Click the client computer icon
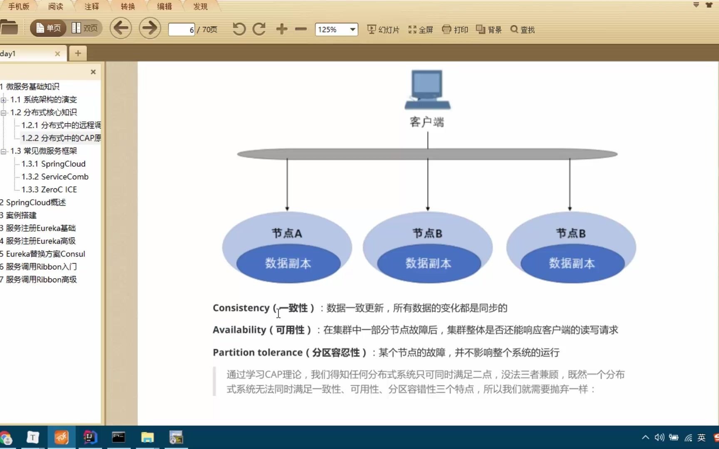coord(427,90)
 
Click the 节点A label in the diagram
coord(287,234)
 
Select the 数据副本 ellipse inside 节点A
coord(288,264)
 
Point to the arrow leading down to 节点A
coord(287,183)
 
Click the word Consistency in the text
coord(241,308)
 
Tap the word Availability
coord(239,330)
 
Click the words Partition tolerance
coord(258,353)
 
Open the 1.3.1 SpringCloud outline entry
coord(53,164)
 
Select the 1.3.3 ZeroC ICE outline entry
coord(49,190)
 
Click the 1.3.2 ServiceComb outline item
coord(55,177)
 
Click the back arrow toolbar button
coord(121,29)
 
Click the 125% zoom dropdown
coord(336,30)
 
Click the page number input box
coord(181,30)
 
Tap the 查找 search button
coord(523,30)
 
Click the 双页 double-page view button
coord(85,28)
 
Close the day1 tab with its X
coord(57,54)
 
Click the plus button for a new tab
coord(78,53)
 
